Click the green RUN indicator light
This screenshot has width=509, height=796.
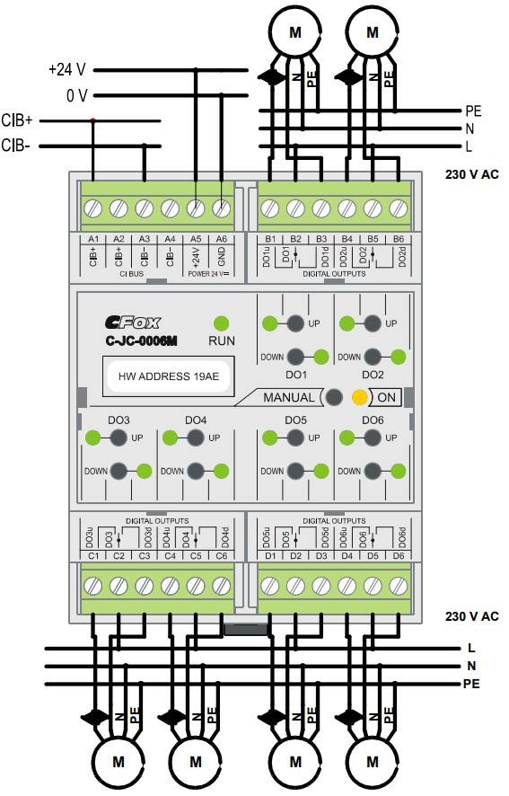[x=221, y=323]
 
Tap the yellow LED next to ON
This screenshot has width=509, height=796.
[x=359, y=397]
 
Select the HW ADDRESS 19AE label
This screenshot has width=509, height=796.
[x=169, y=376]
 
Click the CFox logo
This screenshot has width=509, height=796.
[x=133, y=323]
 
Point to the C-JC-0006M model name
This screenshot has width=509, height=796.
[x=141, y=341]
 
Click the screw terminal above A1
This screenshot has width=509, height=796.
[x=92, y=208]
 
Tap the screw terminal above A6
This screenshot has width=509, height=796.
[x=221, y=208]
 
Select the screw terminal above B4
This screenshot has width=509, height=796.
[x=347, y=208]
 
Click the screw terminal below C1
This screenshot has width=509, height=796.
[x=92, y=586]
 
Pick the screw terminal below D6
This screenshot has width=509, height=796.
[x=399, y=586]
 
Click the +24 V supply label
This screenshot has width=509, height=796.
[x=67, y=69]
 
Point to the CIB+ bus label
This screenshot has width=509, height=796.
[x=17, y=120]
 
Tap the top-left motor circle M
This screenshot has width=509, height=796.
[x=294, y=32]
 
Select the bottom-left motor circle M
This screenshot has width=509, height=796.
[x=118, y=762]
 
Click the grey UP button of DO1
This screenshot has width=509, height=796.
[x=295, y=323]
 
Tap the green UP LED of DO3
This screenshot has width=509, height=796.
[x=92, y=438]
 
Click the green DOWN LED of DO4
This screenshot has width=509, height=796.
[x=221, y=471]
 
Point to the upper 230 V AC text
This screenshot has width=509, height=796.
[x=472, y=174]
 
